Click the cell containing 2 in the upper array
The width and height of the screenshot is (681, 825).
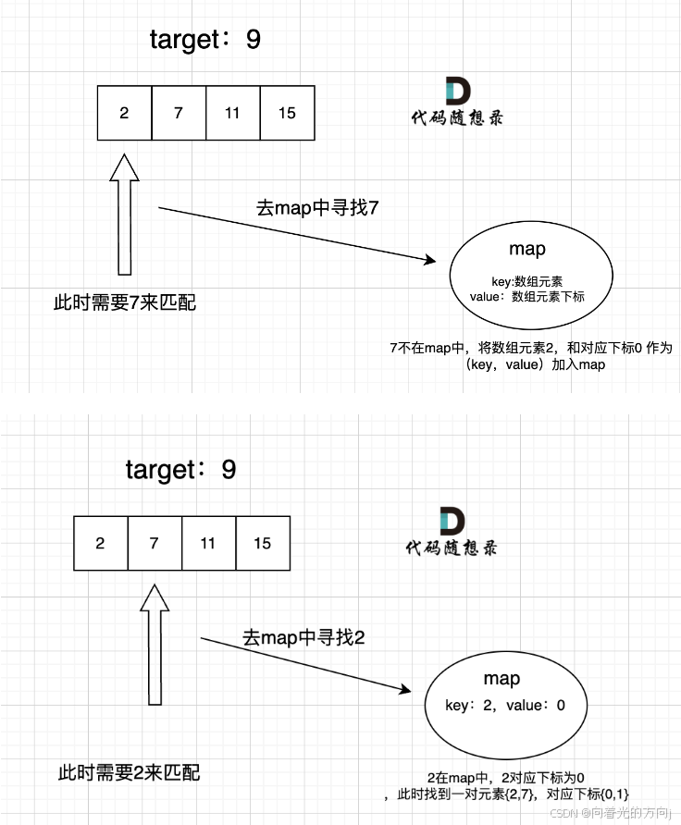coord(124,113)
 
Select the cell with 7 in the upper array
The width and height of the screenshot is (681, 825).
coord(179,113)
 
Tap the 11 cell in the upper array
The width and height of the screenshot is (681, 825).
coord(232,113)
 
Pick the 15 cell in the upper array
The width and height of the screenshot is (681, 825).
coord(287,113)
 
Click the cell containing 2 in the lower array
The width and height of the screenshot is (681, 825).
coord(100,543)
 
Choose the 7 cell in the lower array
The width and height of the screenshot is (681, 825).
coord(155,543)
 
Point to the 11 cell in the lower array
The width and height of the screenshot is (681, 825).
coord(208,543)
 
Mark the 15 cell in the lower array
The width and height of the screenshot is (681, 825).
coord(263,543)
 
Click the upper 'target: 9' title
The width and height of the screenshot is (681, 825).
coord(206,40)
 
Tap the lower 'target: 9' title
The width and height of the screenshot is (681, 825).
coord(181,469)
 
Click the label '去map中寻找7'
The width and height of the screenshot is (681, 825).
coord(317,208)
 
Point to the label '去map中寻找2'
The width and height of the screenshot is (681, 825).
coord(303,637)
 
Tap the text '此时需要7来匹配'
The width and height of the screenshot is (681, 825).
coord(125,302)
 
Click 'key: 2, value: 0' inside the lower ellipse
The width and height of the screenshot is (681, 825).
coord(504,706)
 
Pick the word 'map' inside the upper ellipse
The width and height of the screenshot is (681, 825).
coord(527,249)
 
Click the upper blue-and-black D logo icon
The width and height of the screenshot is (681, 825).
coord(458,91)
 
